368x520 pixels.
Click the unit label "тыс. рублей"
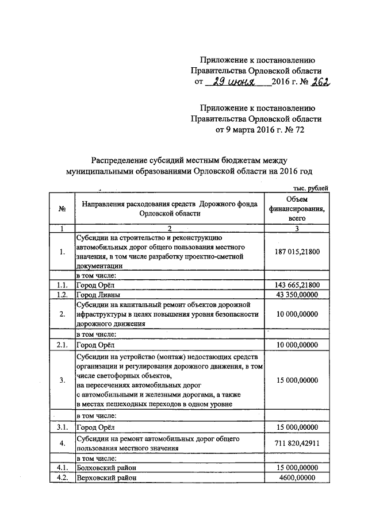pos(311,188)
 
